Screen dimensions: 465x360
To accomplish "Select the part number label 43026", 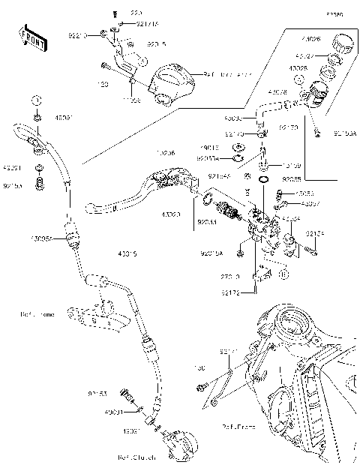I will point(310,37).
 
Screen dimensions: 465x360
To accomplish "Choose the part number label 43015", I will point(128,253).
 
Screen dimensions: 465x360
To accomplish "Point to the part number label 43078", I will point(277,92).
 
